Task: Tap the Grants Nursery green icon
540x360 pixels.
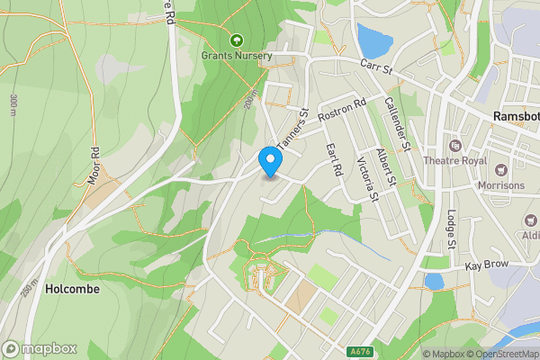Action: click(x=237, y=40)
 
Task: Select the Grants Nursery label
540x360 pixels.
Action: click(x=237, y=56)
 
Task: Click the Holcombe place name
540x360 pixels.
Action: click(x=72, y=290)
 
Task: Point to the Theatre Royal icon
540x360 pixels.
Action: click(x=454, y=145)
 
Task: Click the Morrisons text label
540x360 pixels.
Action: click(x=502, y=185)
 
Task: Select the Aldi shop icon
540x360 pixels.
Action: click(x=531, y=220)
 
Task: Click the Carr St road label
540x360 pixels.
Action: click(x=377, y=66)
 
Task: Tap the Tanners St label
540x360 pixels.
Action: click(x=293, y=131)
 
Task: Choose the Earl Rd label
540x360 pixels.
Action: click(x=334, y=158)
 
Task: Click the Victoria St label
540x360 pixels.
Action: click(x=367, y=179)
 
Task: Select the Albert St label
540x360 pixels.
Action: click(x=386, y=167)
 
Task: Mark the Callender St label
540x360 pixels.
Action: click(x=397, y=124)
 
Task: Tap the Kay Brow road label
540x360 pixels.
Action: click(x=486, y=265)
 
